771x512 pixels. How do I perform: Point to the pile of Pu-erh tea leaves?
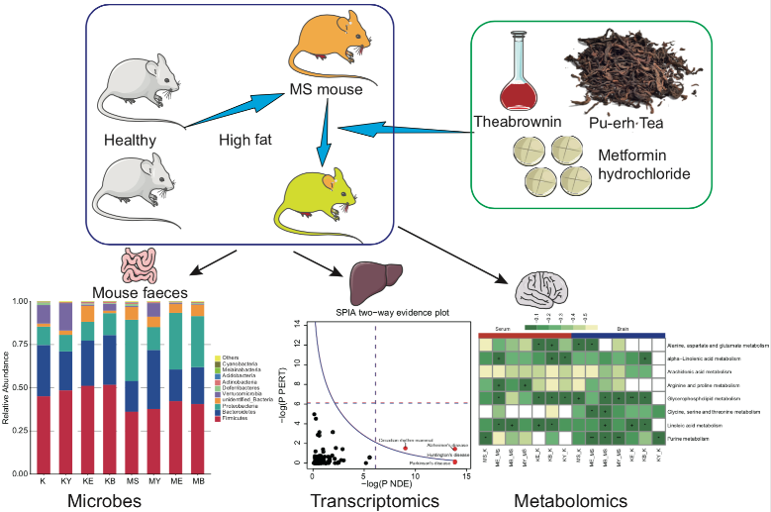coord(631,70)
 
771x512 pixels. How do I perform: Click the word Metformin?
coord(638,155)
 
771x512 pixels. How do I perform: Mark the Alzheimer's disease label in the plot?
coord(446,446)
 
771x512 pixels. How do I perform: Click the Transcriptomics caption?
coord(374,500)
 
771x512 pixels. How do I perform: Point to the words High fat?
coord(244,140)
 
